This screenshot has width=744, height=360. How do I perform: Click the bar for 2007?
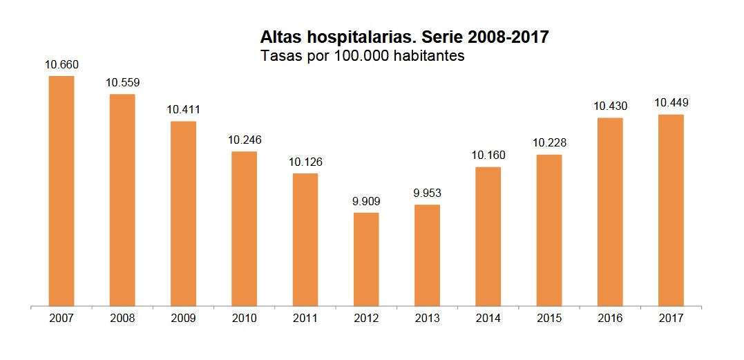pyautogui.click(x=61, y=190)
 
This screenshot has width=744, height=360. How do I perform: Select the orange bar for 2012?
pyautogui.click(x=366, y=258)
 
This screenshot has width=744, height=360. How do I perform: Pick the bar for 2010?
pyautogui.click(x=245, y=228)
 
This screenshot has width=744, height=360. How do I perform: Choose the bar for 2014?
pyautogui.click(x=488, y=236)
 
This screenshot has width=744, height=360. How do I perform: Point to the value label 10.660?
pyautogui.click(x=62, y=65)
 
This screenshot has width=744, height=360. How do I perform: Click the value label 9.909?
pyautogui.click(x=366, y=202)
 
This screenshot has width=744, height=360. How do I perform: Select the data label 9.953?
pyautogui.click(x=427, y=193)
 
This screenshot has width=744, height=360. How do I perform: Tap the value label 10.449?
pyautogui.click(x=671, y=103)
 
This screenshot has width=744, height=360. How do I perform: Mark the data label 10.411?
pyautogui.click(x=184, y=110)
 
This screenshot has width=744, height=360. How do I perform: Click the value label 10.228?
pyautogui.click(x=549, y=143)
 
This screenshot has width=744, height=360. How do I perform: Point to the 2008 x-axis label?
pyautogui.click(x=123, y=319)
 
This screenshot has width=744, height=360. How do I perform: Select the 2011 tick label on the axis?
pyautogui.click(x=305, y=319)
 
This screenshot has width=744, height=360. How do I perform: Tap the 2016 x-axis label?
pyautogui.click(x=610, y=319)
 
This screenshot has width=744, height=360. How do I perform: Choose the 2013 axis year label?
pyautogui.click(x=427, y=319)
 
